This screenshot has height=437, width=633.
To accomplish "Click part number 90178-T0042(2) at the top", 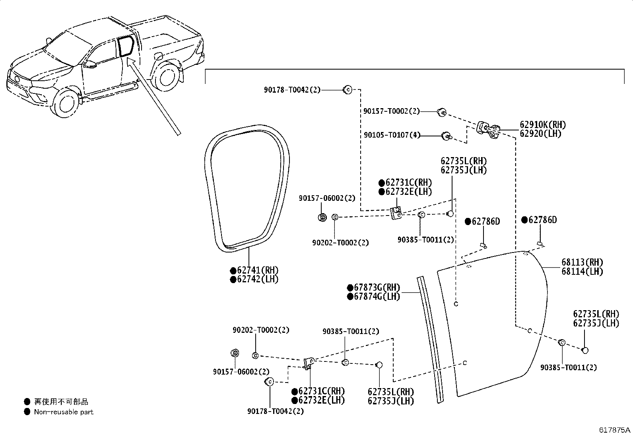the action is click(292, 90).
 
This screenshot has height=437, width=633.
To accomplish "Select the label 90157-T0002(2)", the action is click(392, 111).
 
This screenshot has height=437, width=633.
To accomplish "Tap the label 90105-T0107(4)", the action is click(392, 135).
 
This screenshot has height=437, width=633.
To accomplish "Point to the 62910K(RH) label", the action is click(543, 124).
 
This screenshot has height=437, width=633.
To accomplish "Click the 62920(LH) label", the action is click(540, 134).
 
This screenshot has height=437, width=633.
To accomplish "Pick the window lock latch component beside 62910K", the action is click(488, 130).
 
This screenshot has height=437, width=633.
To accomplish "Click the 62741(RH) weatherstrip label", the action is click(254, 270).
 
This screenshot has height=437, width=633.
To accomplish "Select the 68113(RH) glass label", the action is click(582, 262).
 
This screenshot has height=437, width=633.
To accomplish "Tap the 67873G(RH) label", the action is click(374, 287).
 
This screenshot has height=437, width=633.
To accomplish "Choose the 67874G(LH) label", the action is click(374, 297).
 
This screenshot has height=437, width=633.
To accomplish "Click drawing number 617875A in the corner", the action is click(615, 430).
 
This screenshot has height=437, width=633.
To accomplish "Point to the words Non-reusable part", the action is click(64, 412).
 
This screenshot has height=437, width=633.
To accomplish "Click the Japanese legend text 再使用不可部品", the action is click(61, 402).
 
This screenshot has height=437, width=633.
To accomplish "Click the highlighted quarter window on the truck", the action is click(126, 47).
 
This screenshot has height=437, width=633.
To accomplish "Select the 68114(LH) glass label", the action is click(582, 271).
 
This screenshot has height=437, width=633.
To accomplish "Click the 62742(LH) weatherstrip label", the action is click(254, 279).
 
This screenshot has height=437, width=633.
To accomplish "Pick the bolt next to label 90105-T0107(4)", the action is click(447, 136).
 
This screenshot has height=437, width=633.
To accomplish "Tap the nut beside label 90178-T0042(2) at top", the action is click(348, 90).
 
